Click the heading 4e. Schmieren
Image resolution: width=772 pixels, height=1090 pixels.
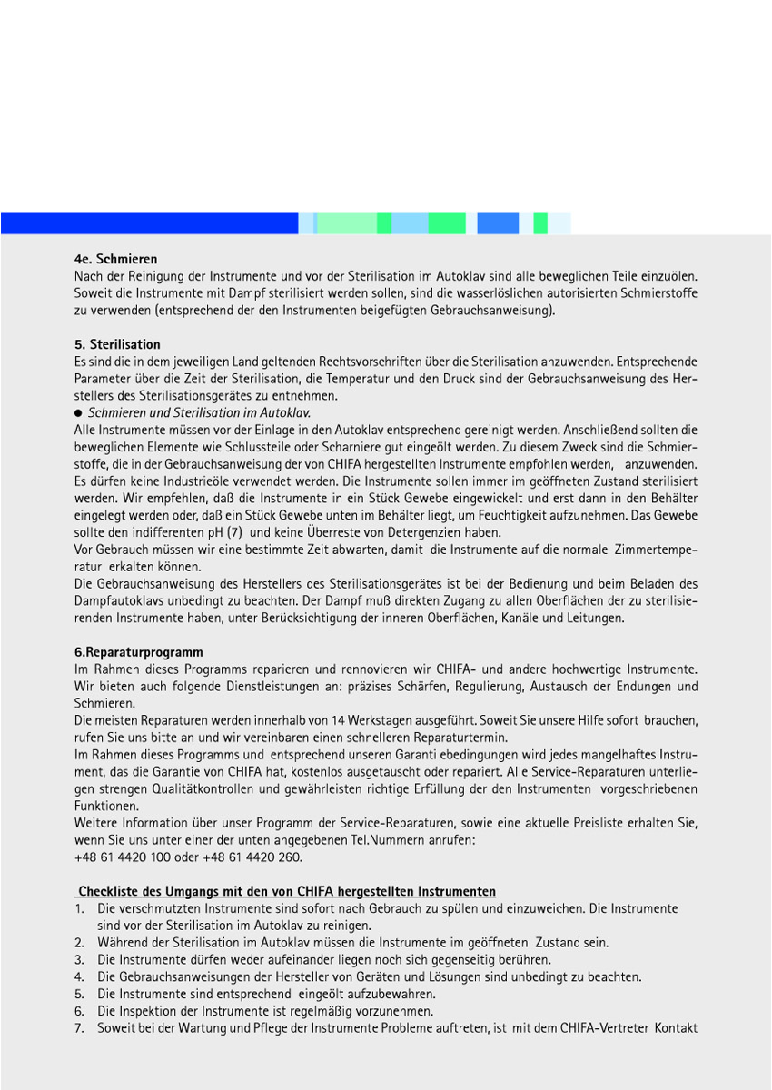pyautogui.click(x=115, y=259)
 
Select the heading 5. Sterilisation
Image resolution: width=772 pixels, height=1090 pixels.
pyautogui.click(x=117, y=344)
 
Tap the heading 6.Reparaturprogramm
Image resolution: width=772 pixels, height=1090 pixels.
pyautogui.click(x=138, y=652)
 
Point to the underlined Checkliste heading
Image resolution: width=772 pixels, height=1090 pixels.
pyautogui.click(x=286, y=891)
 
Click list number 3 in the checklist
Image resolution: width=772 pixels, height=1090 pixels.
pyautogui.click(x=80, y=959)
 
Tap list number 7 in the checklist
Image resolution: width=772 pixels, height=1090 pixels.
pyautogui.click(x=80, y=1028)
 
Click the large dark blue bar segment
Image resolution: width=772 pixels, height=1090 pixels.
pyautogui.click(x=150, y=223)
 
